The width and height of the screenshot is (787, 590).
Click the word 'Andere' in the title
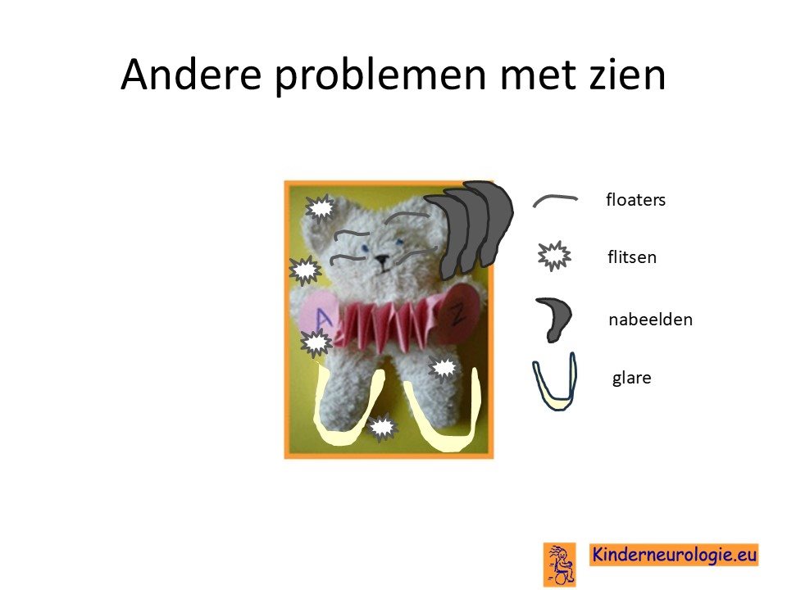(191, 75)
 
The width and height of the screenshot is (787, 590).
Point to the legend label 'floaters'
(635, 200)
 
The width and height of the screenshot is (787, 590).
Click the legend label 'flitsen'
(632, 256)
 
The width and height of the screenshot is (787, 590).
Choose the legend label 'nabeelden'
(650, 319)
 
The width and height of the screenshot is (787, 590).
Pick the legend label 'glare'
(631, 378)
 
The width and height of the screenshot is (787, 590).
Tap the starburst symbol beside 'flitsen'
(554, 256)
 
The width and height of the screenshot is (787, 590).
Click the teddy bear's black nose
(382, 260)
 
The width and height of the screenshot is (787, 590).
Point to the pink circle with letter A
(317, 316)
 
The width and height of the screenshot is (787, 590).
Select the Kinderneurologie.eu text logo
(674, 555)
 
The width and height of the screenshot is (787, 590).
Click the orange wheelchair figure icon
(560, 565)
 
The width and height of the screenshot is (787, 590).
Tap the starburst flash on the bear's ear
(320, 207)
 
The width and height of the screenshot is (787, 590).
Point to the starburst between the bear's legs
(383, 428)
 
